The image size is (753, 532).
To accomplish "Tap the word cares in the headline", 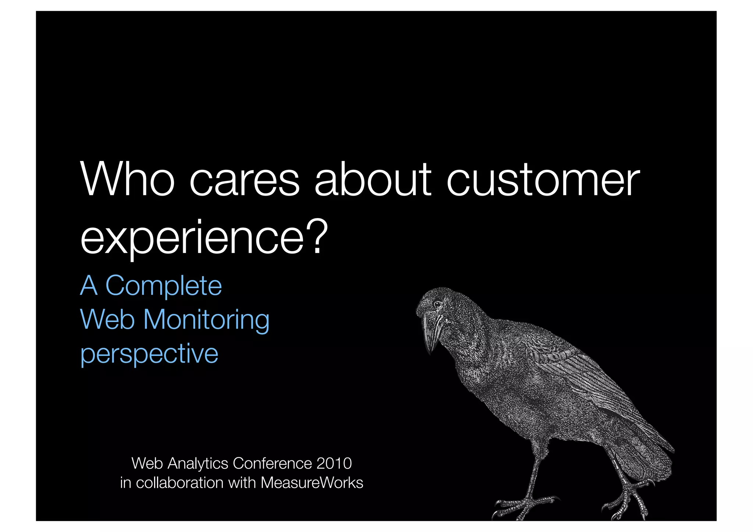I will click(x=245, y=181).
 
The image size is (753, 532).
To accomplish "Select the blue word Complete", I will click(x=164, y=286).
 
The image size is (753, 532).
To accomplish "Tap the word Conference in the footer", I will click(x=272, y=463).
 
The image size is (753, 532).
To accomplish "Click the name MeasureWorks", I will click(x=312, y=483).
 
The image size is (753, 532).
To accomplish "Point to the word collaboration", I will click(x=179, y=483).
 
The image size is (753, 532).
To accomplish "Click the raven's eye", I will click(x=438, y=304).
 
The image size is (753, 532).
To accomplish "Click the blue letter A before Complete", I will click(x=89, y=286).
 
